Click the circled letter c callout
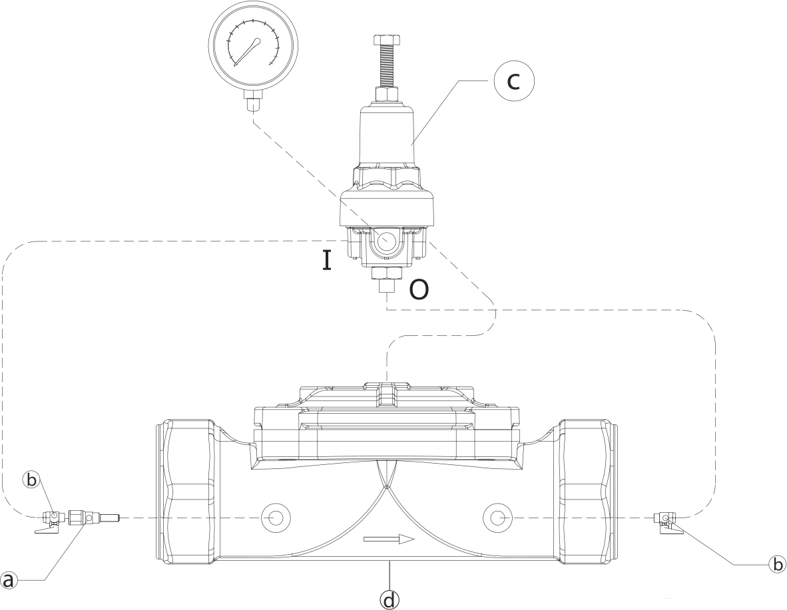(513, 80)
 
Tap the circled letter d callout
(390, 599)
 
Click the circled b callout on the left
(31, 480)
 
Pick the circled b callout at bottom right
(776, 564)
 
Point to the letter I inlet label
(326, 259)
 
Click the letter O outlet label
(418, 289)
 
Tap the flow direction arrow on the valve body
(390, 539)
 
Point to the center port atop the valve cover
(386, 394)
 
